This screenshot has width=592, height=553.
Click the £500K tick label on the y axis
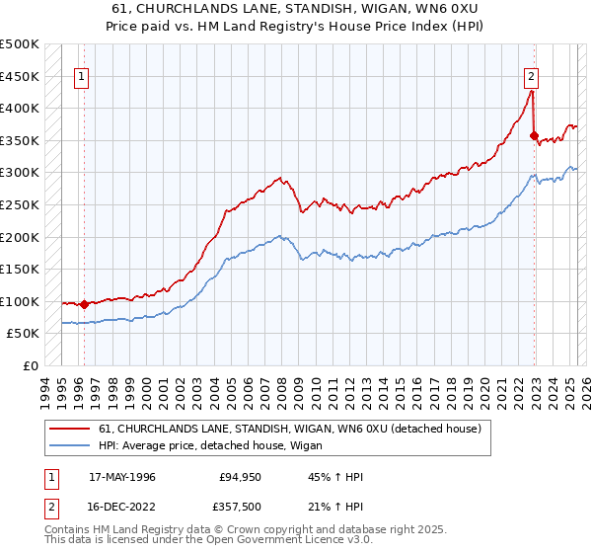tap(20, 44)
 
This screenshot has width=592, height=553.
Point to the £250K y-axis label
tap(20, 204)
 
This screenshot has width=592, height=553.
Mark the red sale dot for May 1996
tap(84, 304)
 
